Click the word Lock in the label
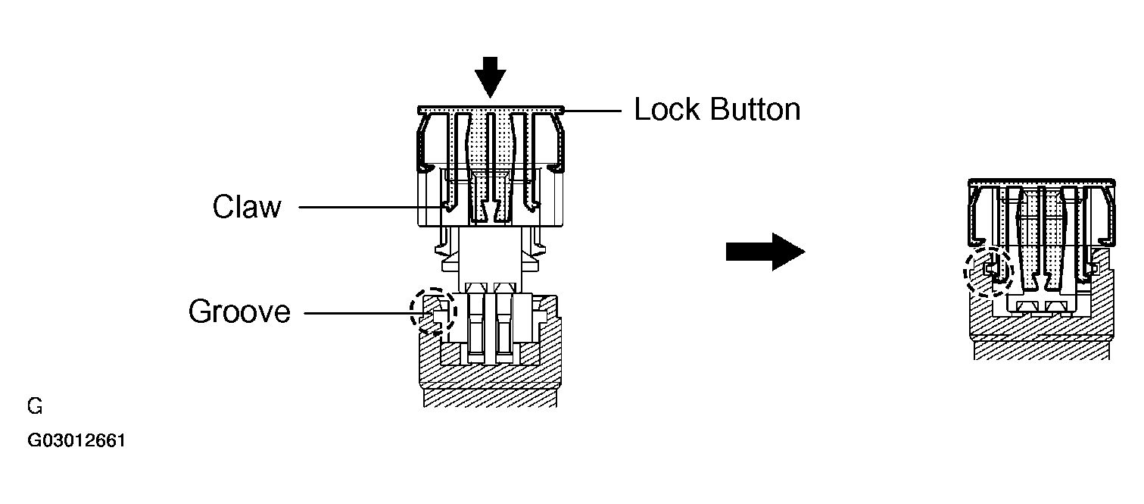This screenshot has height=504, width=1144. click(x=666, y=109)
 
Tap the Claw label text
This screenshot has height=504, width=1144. click(x=247, y=206)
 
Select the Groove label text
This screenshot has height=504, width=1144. click(x=239, y=311)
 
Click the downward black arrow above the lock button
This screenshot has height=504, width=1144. click(x=491, y=77)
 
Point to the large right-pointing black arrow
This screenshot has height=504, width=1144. click(x=765, y=252)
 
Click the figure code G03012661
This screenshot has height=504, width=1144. click(x=76, y=440)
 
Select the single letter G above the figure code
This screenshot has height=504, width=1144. click(x=35, y=406)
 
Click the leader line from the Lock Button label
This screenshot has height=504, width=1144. click(x=592, y=111)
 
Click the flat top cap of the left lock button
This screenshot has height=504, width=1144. click(x=491, y=110)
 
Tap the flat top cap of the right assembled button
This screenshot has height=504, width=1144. click(x=1042, y=183)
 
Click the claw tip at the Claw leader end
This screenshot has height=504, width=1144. click(x=448, y=207)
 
